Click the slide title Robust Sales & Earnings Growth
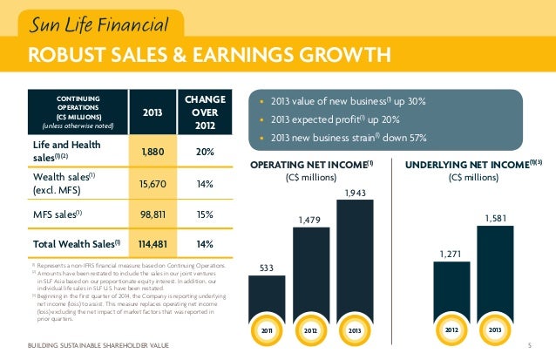(x=209, y=57)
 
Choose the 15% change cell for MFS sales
(x=207, y=214)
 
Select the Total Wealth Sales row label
(x=67, y=243)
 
